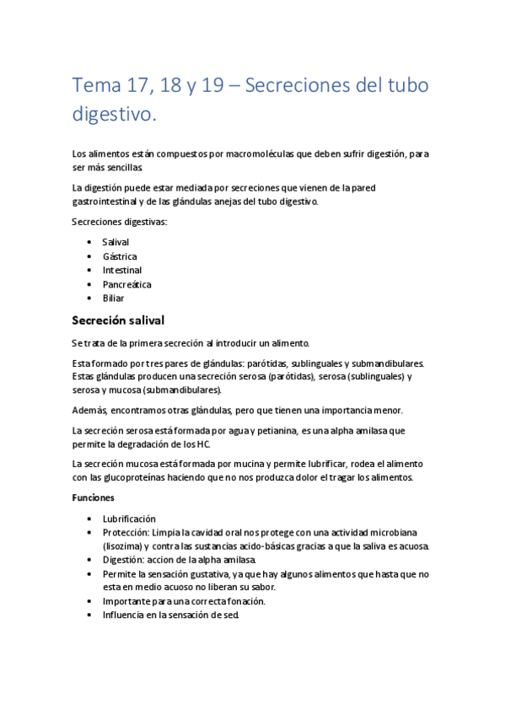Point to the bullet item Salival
[x=116, y=242]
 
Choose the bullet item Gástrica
[x=120, y=256]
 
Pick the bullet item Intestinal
[x=122, y=270]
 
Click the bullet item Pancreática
[x=126, y=284]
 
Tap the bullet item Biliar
[x=113, y=298]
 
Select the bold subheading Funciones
[x=93, y=497]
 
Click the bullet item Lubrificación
[x=129, y=519]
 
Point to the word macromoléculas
[x=228, y=153]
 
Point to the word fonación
[x=244, y=601]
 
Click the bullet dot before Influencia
[x=90, y=616]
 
